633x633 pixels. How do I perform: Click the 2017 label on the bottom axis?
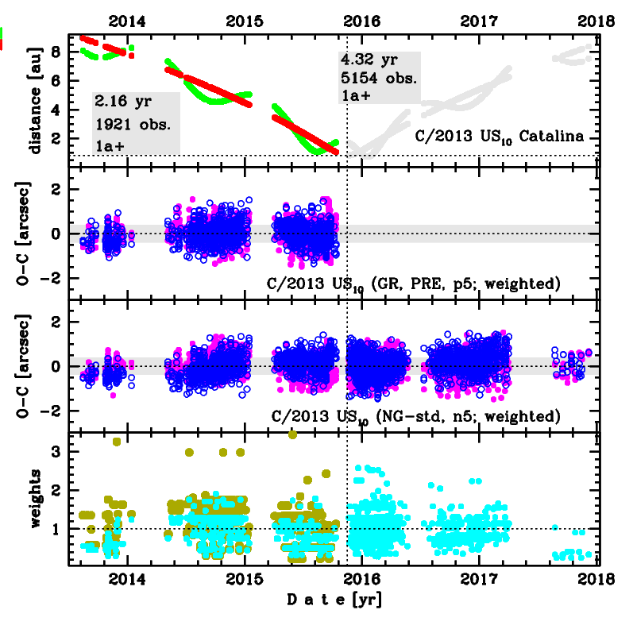[479, 578]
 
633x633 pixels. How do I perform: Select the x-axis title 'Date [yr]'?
[334, 600]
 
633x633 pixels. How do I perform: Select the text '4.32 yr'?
[368, 60]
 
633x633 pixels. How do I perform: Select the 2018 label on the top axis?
[600, 21]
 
